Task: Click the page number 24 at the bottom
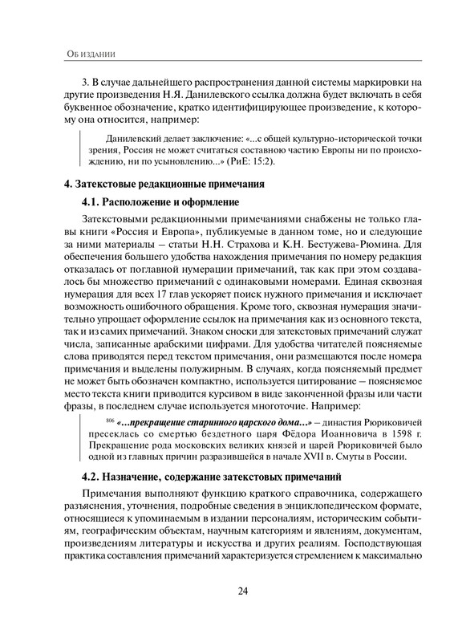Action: coord(241,592)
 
